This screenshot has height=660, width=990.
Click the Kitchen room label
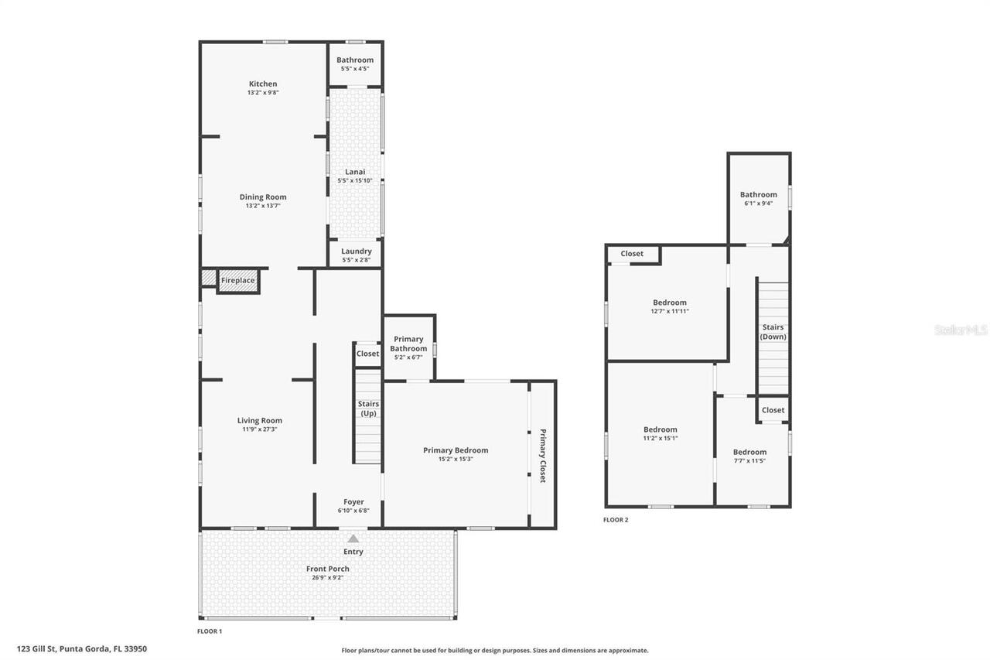pos(262,84)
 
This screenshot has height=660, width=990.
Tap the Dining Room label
pos(262,197)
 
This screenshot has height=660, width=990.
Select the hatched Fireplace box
pos(237,280)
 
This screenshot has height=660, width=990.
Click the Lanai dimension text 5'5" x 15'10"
pos(355,180)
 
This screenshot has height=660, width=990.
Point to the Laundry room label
pos(356,251)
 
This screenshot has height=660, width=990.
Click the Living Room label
pos(259,420)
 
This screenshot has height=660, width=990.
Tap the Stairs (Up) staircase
pos(368,418)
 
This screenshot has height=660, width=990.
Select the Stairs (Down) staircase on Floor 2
pos(773,337)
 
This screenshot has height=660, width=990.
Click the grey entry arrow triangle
pos(353,538)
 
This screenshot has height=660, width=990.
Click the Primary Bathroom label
pos(408,344)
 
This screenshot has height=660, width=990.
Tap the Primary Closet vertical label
pos(542,456)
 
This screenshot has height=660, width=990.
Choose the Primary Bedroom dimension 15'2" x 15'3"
pos(456,459)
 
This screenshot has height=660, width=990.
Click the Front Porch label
pos(328,569)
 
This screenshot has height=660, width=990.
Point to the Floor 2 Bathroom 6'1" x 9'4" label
pos(758,199)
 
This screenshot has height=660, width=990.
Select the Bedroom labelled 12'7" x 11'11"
pos(669,306)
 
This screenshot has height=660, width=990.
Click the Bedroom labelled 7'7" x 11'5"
pos(749,456)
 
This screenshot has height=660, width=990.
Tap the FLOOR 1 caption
pos(209,631)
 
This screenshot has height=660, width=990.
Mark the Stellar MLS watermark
pos(961,330)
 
